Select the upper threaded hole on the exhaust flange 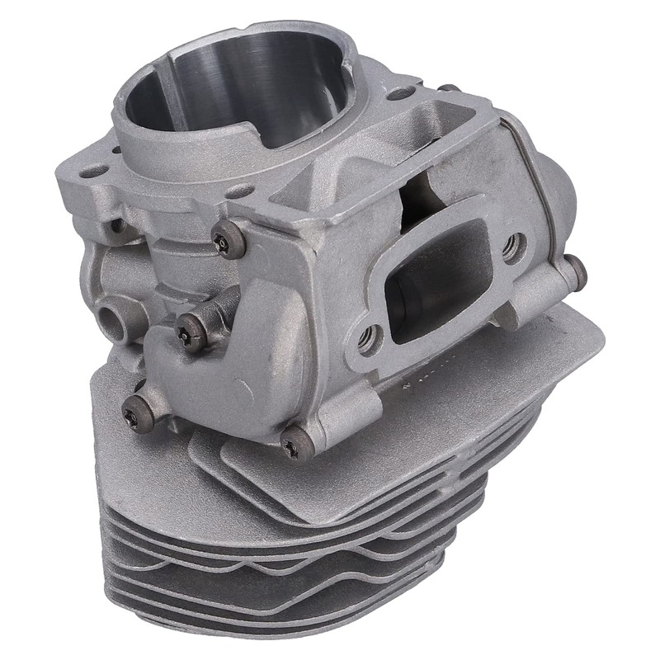[515, 245]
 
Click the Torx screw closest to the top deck [227, 241]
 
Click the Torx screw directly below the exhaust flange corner [295, 446]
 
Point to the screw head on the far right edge [575, 266]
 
